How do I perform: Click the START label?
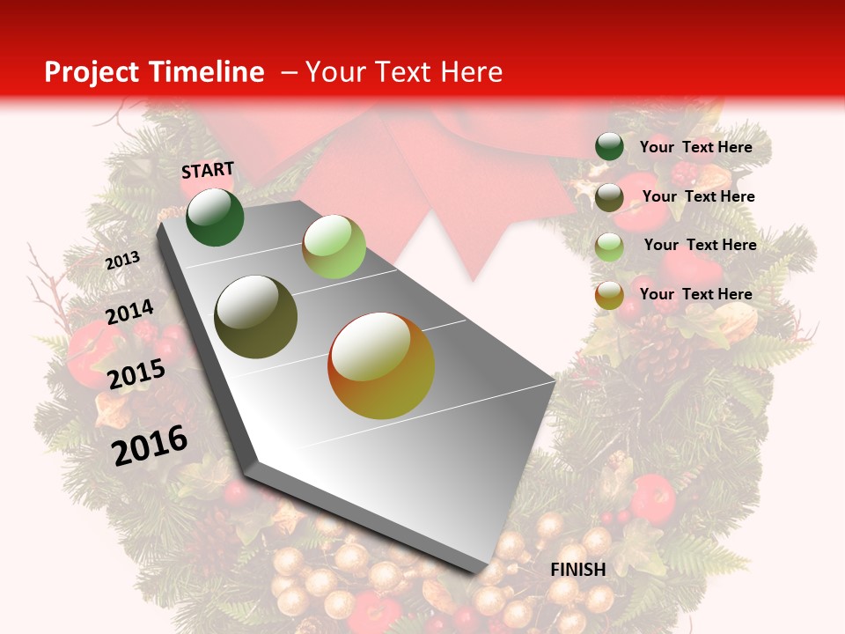pos(208,170)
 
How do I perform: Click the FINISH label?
pos(578,570)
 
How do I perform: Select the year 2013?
pos(122,261)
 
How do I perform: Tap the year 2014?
pos(129,313)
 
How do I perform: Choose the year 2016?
pos(150,445)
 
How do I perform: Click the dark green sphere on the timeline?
pos(215,217)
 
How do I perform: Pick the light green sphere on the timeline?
pos(334,247)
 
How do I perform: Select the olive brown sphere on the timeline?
pos(256,317)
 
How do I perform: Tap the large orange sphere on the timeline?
pos(381,365)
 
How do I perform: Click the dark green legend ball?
pos(609,147)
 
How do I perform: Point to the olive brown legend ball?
pos(609,197)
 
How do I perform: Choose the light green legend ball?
pos(609,246)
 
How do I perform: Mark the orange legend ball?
pos(609,295)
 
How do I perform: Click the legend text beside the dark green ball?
pos(695,147)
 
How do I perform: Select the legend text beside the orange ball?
pos(695,294)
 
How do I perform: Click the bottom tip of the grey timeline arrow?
pos(480,574)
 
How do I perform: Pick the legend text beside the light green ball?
pos(700,245)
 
